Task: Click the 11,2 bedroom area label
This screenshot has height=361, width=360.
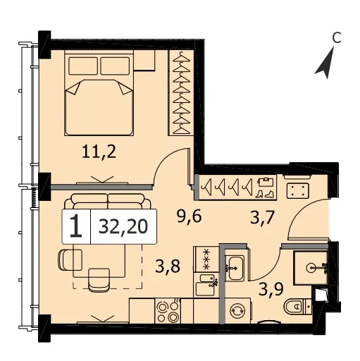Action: point(99,152)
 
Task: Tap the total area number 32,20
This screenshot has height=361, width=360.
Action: point(123,226)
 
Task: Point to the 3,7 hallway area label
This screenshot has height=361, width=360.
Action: point(262,218)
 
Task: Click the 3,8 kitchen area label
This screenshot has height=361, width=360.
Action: point(168,267)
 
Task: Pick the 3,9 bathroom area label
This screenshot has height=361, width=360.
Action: point(271,289)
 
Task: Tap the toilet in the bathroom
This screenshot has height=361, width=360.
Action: point(298,306)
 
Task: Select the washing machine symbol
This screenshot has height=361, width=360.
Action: point(237,311)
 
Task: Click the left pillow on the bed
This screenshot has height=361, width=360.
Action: point(83,66)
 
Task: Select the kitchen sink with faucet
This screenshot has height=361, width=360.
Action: point(206,285)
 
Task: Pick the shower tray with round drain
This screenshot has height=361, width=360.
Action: point(311,267)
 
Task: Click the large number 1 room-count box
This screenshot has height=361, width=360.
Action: point(76,226)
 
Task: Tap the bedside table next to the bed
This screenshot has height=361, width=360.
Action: point(144,60)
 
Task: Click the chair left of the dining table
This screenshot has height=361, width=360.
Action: point(70,260)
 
